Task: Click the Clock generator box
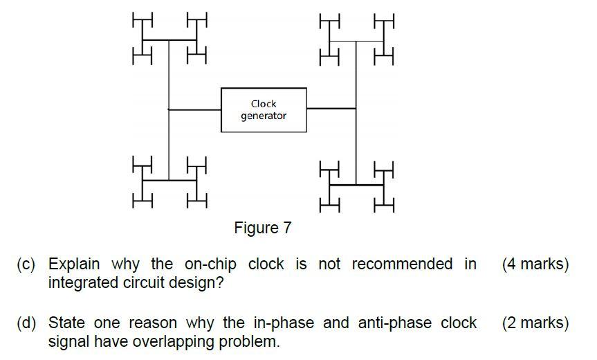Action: click(264, 109)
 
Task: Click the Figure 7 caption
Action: click(263, 228)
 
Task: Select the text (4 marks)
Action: click(535, 264)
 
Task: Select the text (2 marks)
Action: click(535, 323)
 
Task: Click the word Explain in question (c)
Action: click(74, 264)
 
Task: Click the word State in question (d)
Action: click(64, 323)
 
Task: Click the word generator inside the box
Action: click(264, 116)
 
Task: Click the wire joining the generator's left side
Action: click(195, 109)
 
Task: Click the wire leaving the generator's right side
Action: click(331, 109)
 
